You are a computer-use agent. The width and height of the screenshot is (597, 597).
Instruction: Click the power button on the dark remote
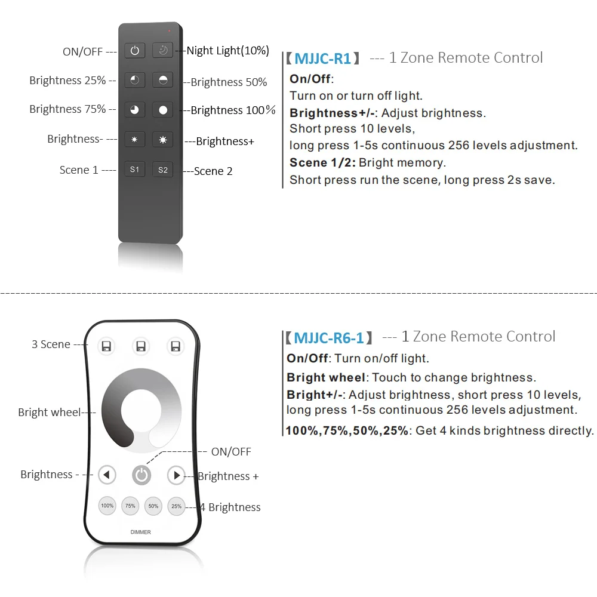point(135,51)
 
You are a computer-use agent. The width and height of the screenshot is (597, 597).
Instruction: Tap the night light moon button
point(162,51)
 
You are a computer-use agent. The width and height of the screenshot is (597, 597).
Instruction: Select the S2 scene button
point(162,170)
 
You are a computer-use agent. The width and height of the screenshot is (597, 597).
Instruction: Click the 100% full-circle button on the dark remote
point(162,110)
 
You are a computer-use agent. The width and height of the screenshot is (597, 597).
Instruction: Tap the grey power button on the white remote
point(141,475)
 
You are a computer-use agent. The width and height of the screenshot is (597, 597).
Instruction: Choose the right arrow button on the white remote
point(176,475)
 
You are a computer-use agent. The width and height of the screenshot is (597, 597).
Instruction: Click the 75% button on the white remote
point(130,506)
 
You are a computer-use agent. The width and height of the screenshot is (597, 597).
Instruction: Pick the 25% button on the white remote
point(176,506)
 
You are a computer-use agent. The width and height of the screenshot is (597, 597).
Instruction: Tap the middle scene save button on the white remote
point(141,346)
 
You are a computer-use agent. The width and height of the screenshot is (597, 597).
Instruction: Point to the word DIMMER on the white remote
point(141,532)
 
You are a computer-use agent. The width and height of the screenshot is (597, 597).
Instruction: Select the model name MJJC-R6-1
point(328,338)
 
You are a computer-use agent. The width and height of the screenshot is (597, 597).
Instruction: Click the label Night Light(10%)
point(227,51)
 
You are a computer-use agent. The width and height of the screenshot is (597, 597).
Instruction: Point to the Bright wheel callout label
point(49,412)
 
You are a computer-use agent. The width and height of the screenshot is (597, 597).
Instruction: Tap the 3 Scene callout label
point(51,344)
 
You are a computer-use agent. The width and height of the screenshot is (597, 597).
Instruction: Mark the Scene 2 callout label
point(213,171)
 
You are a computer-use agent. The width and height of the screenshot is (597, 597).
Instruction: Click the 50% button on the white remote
point(153,506)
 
